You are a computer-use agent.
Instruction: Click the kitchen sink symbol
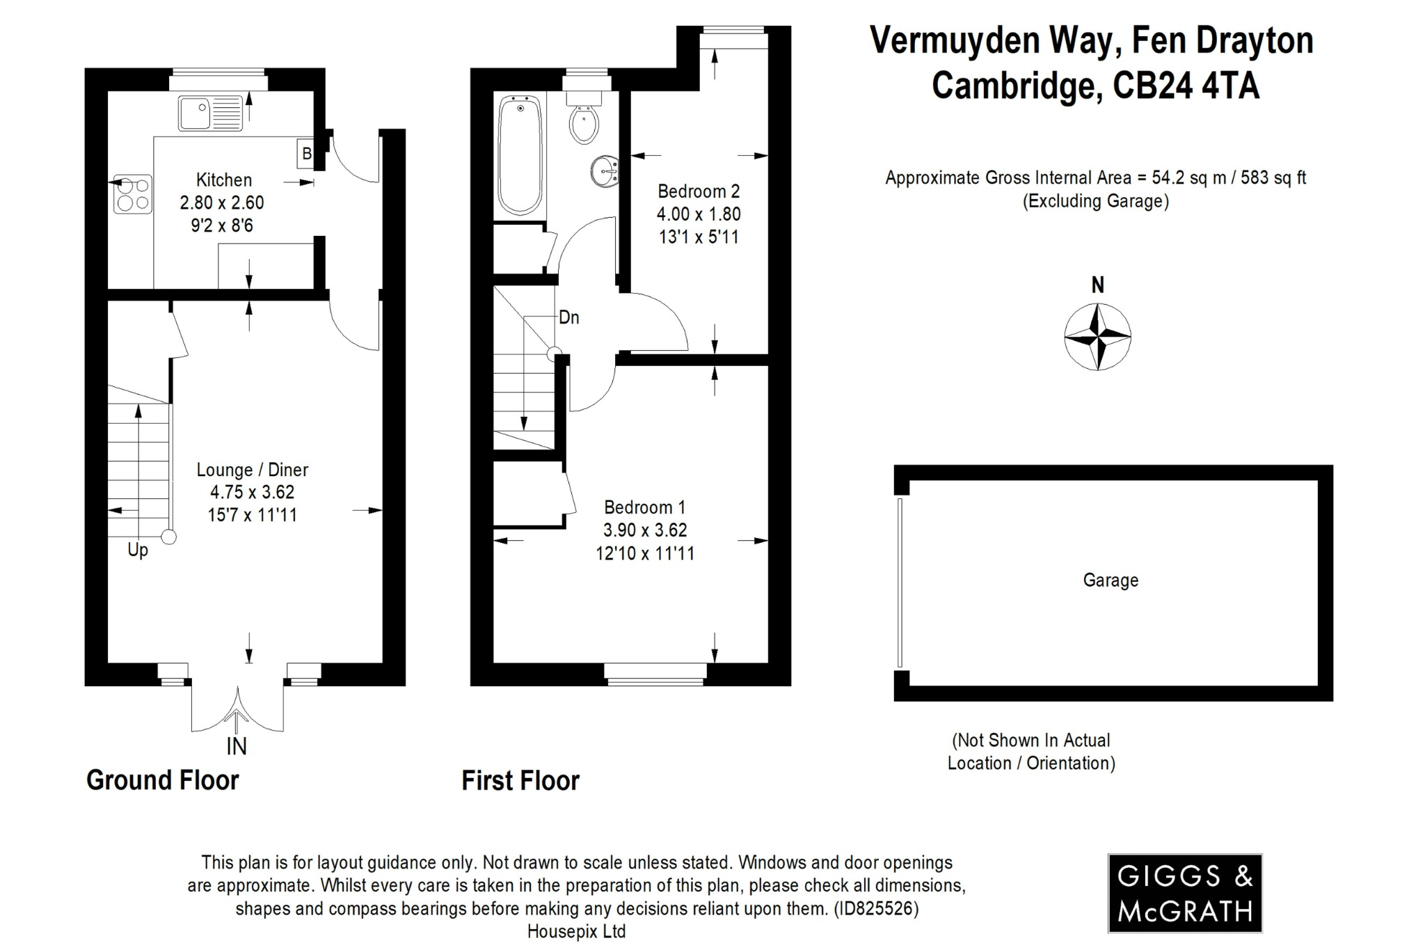coord(209,113)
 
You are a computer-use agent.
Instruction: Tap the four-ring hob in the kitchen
coord(132,193)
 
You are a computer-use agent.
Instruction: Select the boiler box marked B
coord(306,153)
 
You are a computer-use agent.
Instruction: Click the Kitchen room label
coord(223,180)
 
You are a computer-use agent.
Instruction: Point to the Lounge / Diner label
coord(252,470)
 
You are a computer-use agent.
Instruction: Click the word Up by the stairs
coord(138,550)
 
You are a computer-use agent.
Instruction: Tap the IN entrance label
coord(237,746)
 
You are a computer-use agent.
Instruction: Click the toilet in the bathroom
coord(583,121)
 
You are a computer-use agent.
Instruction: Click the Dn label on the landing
coord(568,318)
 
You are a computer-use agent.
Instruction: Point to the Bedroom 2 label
coord(699,191)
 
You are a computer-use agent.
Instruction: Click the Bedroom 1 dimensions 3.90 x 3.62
coord(645,530)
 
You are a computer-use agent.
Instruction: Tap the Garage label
coord(1110,580)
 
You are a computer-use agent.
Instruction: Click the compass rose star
coord(1097,337)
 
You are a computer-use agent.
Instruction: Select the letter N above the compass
coord(1097,285)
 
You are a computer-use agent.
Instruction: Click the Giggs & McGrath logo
coord(1184,893)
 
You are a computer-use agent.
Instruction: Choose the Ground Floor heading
coord(162,780)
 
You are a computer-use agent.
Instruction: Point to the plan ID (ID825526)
coord(876,908)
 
